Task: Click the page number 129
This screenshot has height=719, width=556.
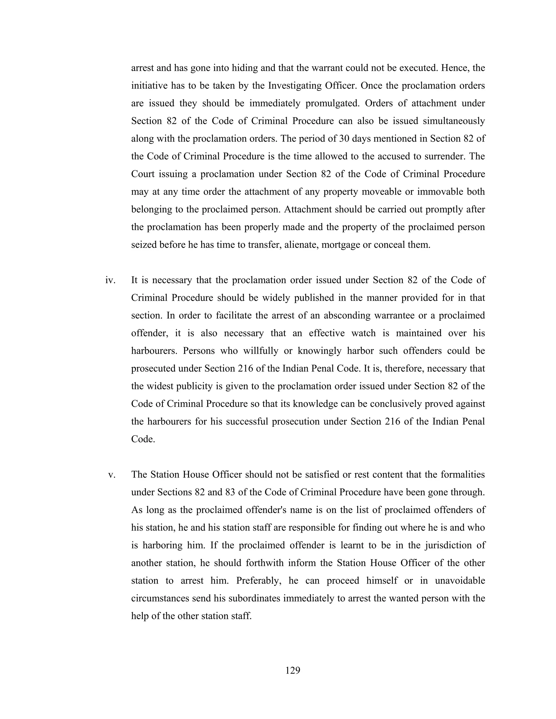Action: coord(293,670)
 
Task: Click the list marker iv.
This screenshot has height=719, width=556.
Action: coord(110,280)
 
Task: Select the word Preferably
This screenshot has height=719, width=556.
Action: coord(259,580)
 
